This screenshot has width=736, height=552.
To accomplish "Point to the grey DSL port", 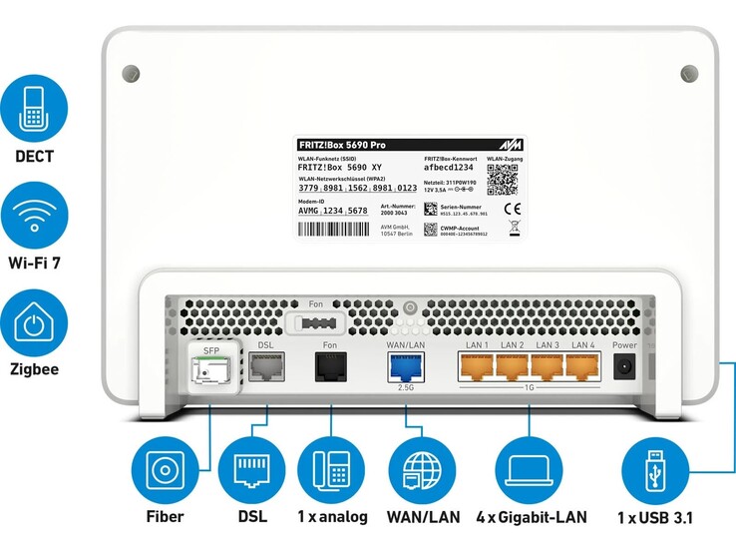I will pyautogui.click(x=265, y=369).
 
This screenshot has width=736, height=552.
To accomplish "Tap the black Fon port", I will pyautogui.click(x=330, y=369).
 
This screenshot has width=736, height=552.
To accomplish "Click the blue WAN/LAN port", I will pyautogui.click(x=405, y=366).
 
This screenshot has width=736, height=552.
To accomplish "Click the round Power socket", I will pyautogui.click(x=624, y=367).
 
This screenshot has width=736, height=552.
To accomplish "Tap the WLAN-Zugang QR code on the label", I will pyautogui.click(x=504, y=181).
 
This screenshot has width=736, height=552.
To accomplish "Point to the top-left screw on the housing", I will pyautogui.click(x=130, y=73).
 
